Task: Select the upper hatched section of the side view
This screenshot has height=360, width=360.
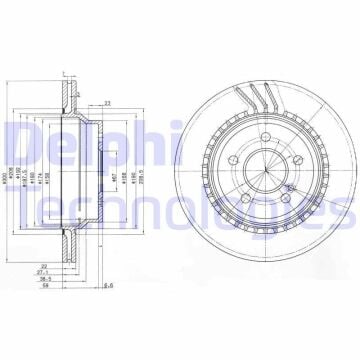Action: point(69,99)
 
